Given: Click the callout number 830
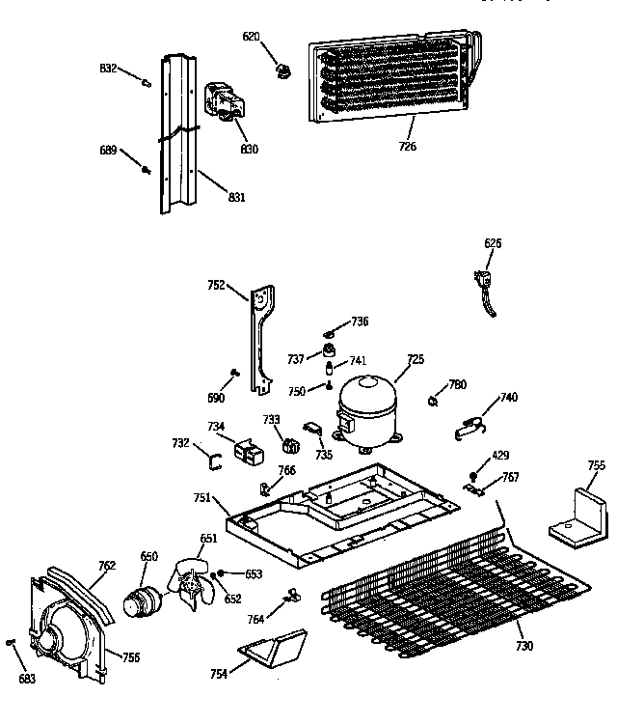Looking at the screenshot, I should [x=250, y=150].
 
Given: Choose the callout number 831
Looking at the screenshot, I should [x=236, y=197].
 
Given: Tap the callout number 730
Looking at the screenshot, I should [x=524, y=645].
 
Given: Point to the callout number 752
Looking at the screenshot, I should [x=216, y=285].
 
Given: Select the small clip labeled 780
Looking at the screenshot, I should [x=435, y=397].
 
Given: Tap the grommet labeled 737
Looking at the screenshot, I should [x=330, y=349].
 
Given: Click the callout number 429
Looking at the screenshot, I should [x=500, y=455].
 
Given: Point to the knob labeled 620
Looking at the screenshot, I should [x=282, y=70].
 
